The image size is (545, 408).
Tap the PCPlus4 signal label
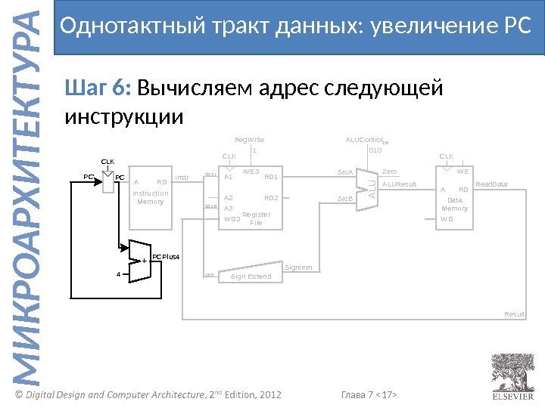coord(167,258)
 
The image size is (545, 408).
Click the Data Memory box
coord(454,198)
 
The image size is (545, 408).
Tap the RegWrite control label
coord(249,140)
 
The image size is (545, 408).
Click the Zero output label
coord(390,172)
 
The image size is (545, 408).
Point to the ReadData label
coord(491,184)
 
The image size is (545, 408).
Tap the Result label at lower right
coord(515,314)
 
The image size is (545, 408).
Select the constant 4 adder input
coord(118,274)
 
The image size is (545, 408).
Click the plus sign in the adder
coord(144,261)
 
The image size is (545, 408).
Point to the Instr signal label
coord(182,178)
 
